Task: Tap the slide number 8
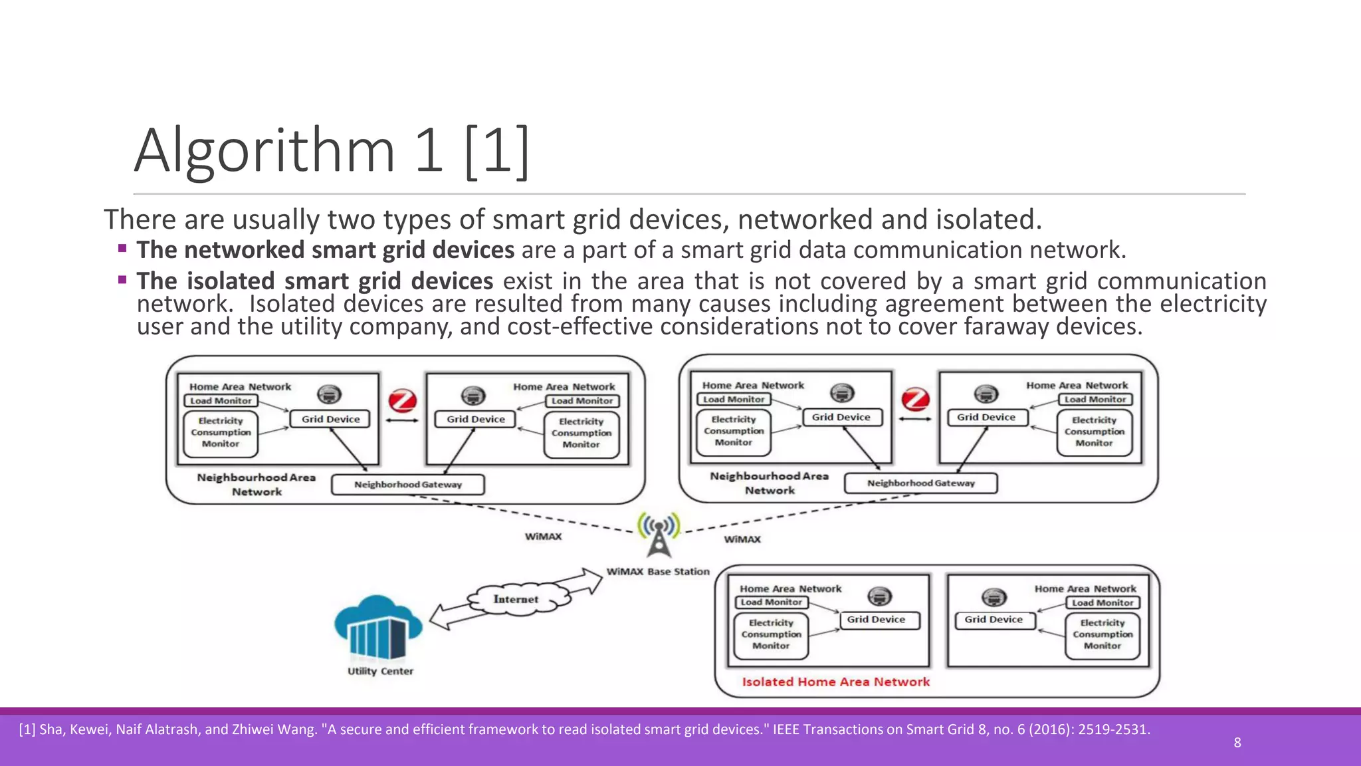(x=1237, y=743)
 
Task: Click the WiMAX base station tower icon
(x=659, y=535)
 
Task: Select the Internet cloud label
(x=516, y=599)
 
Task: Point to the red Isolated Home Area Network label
(x=835, y=682)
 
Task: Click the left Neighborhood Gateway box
(x=407, y=485)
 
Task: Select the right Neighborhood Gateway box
(x=920, y=483)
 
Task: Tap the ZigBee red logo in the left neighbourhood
(x=402, y=401)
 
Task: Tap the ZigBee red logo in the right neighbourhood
(x=915, y=400)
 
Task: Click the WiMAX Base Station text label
(x=658, y=572)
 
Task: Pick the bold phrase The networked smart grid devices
(x=325, y=250)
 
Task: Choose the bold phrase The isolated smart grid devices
(x=314, y=281)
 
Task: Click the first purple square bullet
(x=122, y=249)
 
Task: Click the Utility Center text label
(x=380, y=672)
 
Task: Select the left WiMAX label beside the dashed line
(x=543, y=537)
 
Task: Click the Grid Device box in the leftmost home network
(x=330, y=419)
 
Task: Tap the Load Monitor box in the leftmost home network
(x=221, y=401)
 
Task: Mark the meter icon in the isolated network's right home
(x=994, y=596)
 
